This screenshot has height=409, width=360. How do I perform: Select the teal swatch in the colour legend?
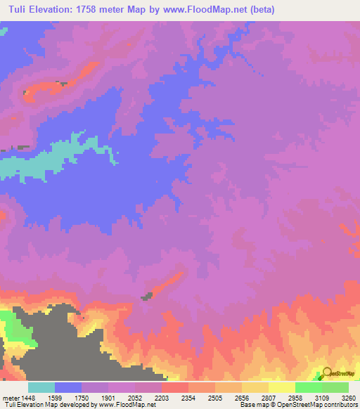[41, 387]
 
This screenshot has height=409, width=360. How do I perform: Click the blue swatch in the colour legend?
[68, 387]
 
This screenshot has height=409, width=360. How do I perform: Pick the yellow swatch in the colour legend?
[281, 387]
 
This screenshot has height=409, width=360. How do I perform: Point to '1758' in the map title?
[88, 10]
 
